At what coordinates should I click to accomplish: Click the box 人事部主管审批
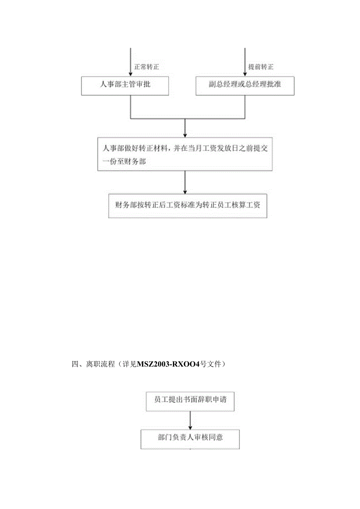125,85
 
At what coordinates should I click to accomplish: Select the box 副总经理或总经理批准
245,85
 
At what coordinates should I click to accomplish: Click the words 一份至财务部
124,161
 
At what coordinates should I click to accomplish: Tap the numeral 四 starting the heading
76,364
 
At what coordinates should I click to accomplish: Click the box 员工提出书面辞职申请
190,401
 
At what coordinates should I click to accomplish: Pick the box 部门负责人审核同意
190,439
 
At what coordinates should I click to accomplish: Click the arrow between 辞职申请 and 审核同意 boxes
190,420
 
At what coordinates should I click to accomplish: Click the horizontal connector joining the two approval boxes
188,118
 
